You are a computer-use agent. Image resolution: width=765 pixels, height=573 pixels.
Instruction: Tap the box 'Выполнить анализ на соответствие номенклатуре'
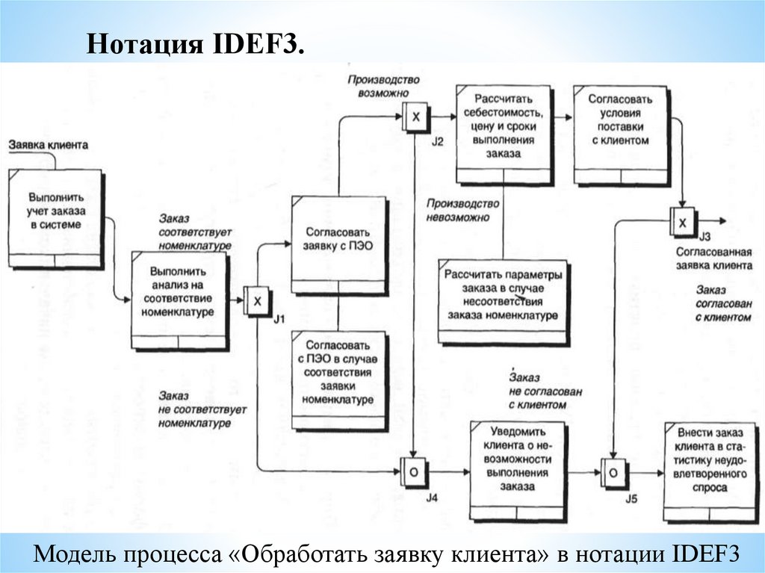point(179,300)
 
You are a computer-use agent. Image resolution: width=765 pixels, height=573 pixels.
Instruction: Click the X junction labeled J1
point(257,301)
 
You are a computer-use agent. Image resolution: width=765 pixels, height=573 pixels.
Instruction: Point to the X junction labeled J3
point(683,221)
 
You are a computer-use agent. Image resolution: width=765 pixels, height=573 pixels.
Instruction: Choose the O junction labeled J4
point(412,472)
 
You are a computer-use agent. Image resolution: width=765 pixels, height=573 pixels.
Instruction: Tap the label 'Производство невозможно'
point(462,211)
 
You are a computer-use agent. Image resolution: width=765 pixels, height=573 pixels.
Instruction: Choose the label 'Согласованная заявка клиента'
point(713,258)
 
